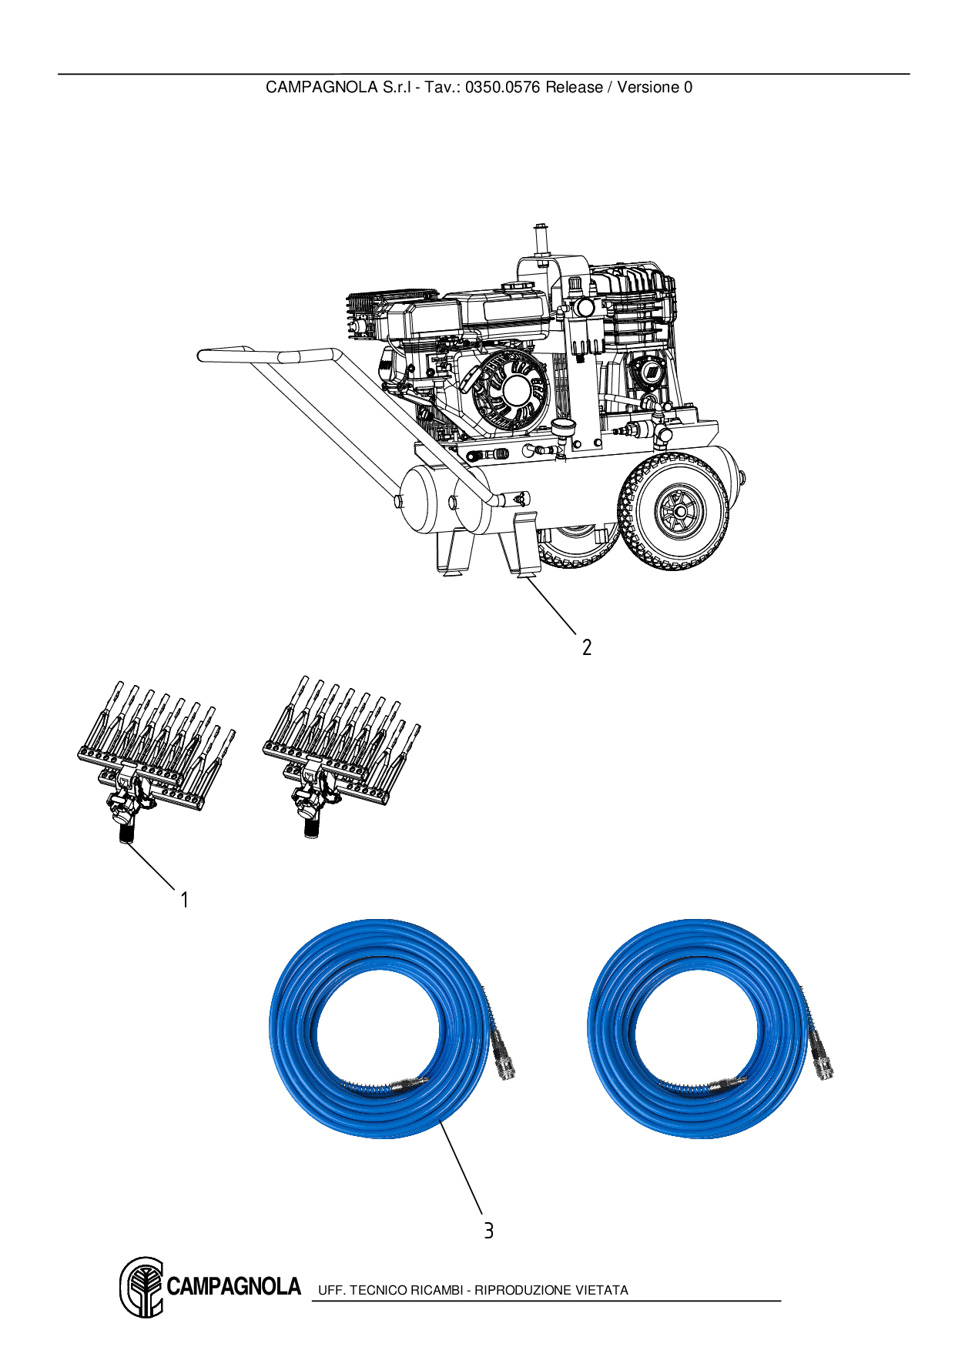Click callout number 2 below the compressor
587,647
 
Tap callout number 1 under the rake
184,899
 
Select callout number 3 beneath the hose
488,1230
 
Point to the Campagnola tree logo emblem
142,1287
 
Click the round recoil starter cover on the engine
509,394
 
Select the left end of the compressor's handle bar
205,356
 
